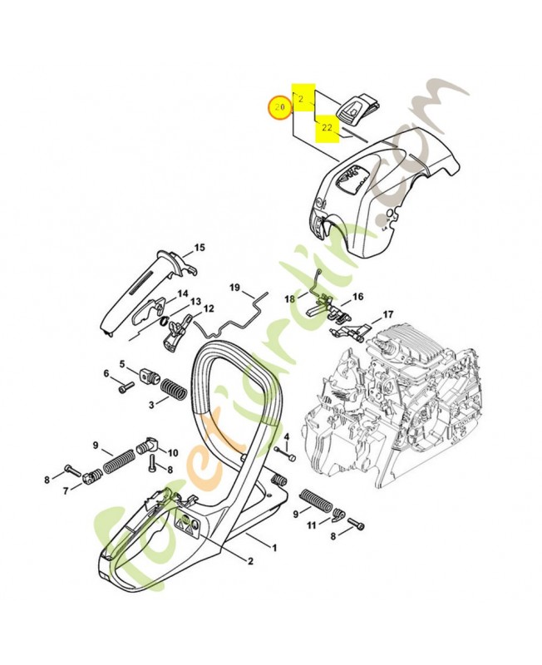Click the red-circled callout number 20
point(279,108)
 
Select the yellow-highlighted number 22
point(327,128)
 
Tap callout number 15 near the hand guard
point(200,247)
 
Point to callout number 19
point(235,288)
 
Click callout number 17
point(387,315)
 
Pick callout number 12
point(209,308)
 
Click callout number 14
point(182,293)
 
